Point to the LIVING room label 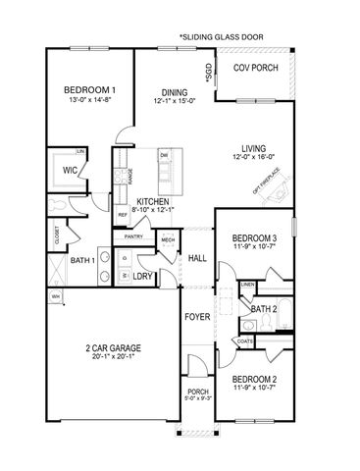(x=254, y=148)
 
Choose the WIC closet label (x=70, y=169)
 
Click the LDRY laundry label (x=143, y=276)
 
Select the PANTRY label (x=135, y=236)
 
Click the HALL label (x=197, y=258)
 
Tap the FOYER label (x=197, y=317)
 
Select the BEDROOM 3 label (x=254, y=238)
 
